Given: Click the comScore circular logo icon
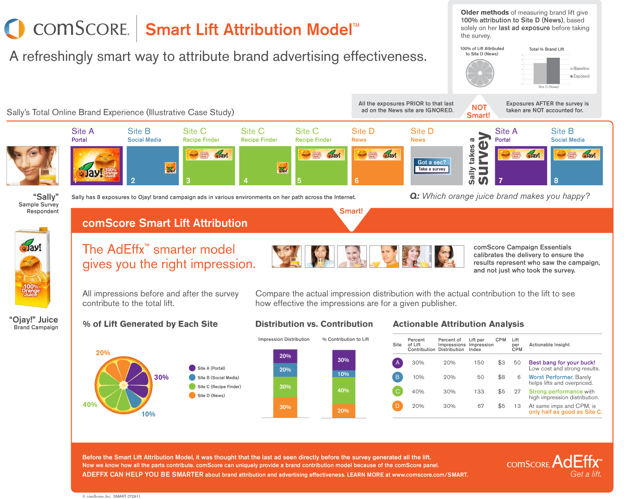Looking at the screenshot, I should pyautogui.click(x=15, y=29).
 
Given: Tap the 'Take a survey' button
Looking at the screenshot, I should pyautogui.click(x=431, y=169).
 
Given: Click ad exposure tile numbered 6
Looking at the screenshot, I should pyautogui.click(x=377, y=166).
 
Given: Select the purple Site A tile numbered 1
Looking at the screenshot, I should pyautogui.click(x=96, y=166).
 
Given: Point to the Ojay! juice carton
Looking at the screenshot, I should pyautogui.click(x=33, y=268).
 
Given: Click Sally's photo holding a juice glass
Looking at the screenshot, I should pyautogui.click(x=33, y=165).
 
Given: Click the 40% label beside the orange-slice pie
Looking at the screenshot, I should pyautogui.click(x=90, y=404).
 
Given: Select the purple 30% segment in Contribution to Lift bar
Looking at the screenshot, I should pyautogui.click(x=343, y=360).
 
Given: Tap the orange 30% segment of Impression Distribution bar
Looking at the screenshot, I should pyautogui.click(x=285, y=407).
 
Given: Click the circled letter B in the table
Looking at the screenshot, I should pyautogui.click(x=397, y=377).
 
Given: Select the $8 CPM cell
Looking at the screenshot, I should pyautogui.click(x=501, y=377).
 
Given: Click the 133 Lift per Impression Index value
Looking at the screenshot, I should pyautogui.click(x=479, y=391).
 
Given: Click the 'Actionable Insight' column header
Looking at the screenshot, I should pyautogui.click(x=549, y=345).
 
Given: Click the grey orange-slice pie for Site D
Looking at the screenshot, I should pyautogui.click(x=480, y=73).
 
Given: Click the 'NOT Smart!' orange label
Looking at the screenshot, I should pyautogui.click(x=478, y=111).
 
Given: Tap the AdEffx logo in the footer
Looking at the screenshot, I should pyautogui.click(x=576, y=461).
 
